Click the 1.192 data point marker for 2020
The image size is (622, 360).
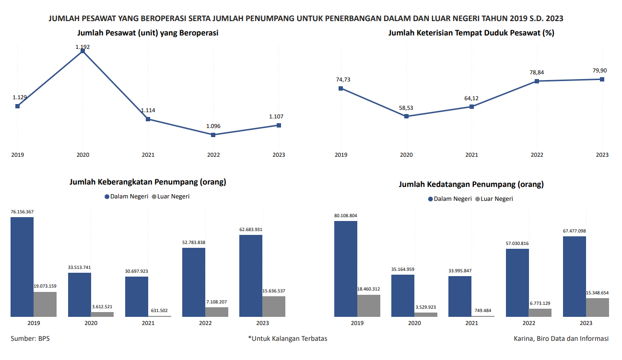82,51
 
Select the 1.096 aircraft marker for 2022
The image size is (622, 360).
213,135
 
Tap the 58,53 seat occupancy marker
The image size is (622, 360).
407,116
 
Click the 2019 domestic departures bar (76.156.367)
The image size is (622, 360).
22,267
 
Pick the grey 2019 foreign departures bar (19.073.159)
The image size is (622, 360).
45,304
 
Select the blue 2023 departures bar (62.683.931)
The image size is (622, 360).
251,276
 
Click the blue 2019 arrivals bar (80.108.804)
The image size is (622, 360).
346,268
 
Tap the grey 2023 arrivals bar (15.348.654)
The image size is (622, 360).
598,307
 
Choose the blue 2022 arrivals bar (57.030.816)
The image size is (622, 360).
517,282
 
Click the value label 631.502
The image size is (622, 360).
159,311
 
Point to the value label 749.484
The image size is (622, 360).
482,311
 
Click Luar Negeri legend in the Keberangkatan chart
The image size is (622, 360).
171,197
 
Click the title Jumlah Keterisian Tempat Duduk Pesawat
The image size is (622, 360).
471,33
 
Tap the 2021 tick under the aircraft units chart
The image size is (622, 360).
148,155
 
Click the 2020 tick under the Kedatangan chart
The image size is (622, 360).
414,323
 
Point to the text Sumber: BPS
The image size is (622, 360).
30,338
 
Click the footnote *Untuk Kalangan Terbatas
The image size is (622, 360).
288,338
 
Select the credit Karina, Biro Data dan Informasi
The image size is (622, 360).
561,338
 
